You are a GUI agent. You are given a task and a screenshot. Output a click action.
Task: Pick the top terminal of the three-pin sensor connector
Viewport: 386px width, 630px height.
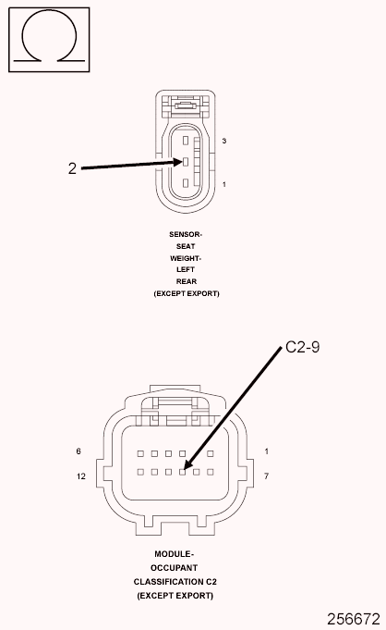186,141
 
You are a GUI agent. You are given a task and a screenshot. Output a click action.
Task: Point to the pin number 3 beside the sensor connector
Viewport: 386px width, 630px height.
224,140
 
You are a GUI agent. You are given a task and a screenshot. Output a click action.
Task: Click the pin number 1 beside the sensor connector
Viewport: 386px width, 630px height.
224,185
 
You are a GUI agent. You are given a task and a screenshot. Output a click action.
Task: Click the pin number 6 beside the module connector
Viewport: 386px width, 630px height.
80,451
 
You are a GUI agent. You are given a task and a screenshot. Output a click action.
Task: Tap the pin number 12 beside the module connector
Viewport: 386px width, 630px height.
81,476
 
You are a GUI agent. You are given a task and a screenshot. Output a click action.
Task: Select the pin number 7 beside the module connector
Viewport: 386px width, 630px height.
266,476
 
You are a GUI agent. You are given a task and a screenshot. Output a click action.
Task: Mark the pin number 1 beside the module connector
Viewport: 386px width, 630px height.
266,451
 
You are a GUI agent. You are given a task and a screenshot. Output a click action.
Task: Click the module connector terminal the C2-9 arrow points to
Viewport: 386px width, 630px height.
183,472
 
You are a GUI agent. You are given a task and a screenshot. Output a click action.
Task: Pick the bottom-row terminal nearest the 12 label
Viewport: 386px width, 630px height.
139,472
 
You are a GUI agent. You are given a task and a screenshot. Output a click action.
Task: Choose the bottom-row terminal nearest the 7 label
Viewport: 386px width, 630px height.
212,472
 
